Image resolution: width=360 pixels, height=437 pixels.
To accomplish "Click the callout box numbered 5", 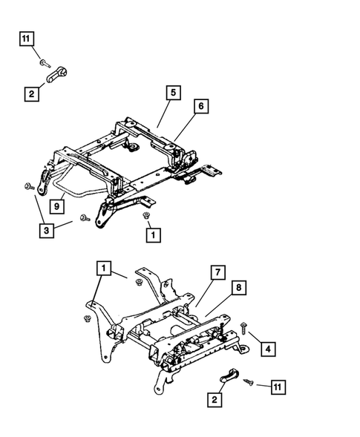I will click(172, 93).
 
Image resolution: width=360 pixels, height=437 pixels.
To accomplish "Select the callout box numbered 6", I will click(200, 107).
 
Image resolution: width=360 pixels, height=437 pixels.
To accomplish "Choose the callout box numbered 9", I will click(57, 206).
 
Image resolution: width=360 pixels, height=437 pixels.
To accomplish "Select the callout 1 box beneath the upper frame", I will click(152, 235).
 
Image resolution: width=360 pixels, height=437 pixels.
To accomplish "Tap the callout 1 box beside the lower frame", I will click(105, 266).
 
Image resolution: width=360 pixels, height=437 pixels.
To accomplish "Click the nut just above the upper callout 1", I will click(146, 216).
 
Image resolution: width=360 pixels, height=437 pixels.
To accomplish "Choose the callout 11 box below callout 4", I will click(278, 387).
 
